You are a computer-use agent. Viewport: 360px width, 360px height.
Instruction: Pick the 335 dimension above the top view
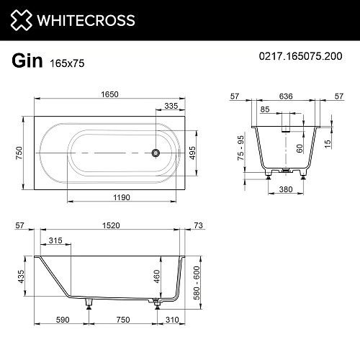171,106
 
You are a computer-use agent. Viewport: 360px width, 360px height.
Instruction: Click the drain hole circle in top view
153,152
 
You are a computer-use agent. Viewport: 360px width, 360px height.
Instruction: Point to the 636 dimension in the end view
285,94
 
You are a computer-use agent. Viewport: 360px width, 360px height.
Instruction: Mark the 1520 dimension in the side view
108,226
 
